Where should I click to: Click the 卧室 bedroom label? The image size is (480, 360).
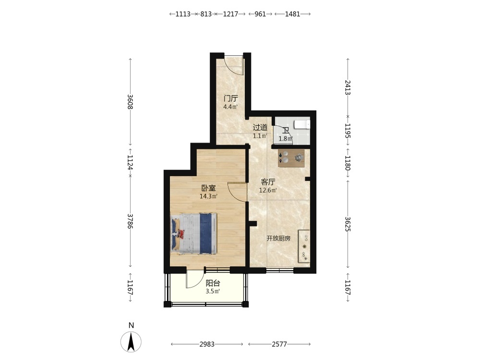[x=208, y=188]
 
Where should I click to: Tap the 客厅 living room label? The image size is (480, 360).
[x=268, y=182]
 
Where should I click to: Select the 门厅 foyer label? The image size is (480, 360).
[x=230, y=98]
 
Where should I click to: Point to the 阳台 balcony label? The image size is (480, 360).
[x=213, y=283]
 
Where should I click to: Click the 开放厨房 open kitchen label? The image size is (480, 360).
[x=278, y=239]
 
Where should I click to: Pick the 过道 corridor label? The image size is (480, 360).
[x=260, y=127]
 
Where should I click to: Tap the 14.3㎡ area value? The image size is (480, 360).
[x=208, y=196]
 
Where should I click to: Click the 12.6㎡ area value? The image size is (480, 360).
[x=268, y=191]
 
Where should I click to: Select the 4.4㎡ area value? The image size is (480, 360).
[x=230, y=107]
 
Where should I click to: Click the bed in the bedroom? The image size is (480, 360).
[x=194, y=234]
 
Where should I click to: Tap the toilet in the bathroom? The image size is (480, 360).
[x=302, y=125]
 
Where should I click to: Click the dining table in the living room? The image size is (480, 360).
[x=291, y=158]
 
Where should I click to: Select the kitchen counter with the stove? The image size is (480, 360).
[x=304, y=246]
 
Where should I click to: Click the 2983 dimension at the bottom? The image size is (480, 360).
[x=207, y=344]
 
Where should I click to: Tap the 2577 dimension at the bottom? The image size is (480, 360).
[x=279, y=344]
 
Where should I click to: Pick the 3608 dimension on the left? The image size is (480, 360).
[x=130, y=102]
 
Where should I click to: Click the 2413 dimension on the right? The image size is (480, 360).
[x=348, y=87]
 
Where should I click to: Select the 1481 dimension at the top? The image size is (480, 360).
[x=293, y=14]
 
